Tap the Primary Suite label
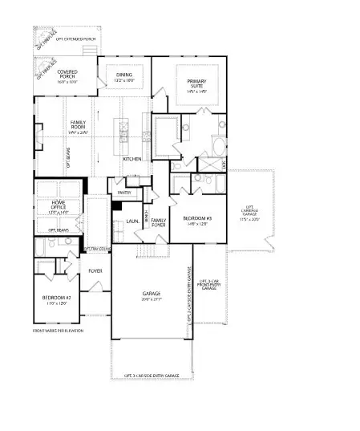pos(196,84)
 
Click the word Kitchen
pos(132,159)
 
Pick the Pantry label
pos(123,193)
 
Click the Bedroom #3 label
pos(196,221)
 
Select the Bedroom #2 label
pos(57,300)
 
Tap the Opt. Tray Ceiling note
pos(97,248)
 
